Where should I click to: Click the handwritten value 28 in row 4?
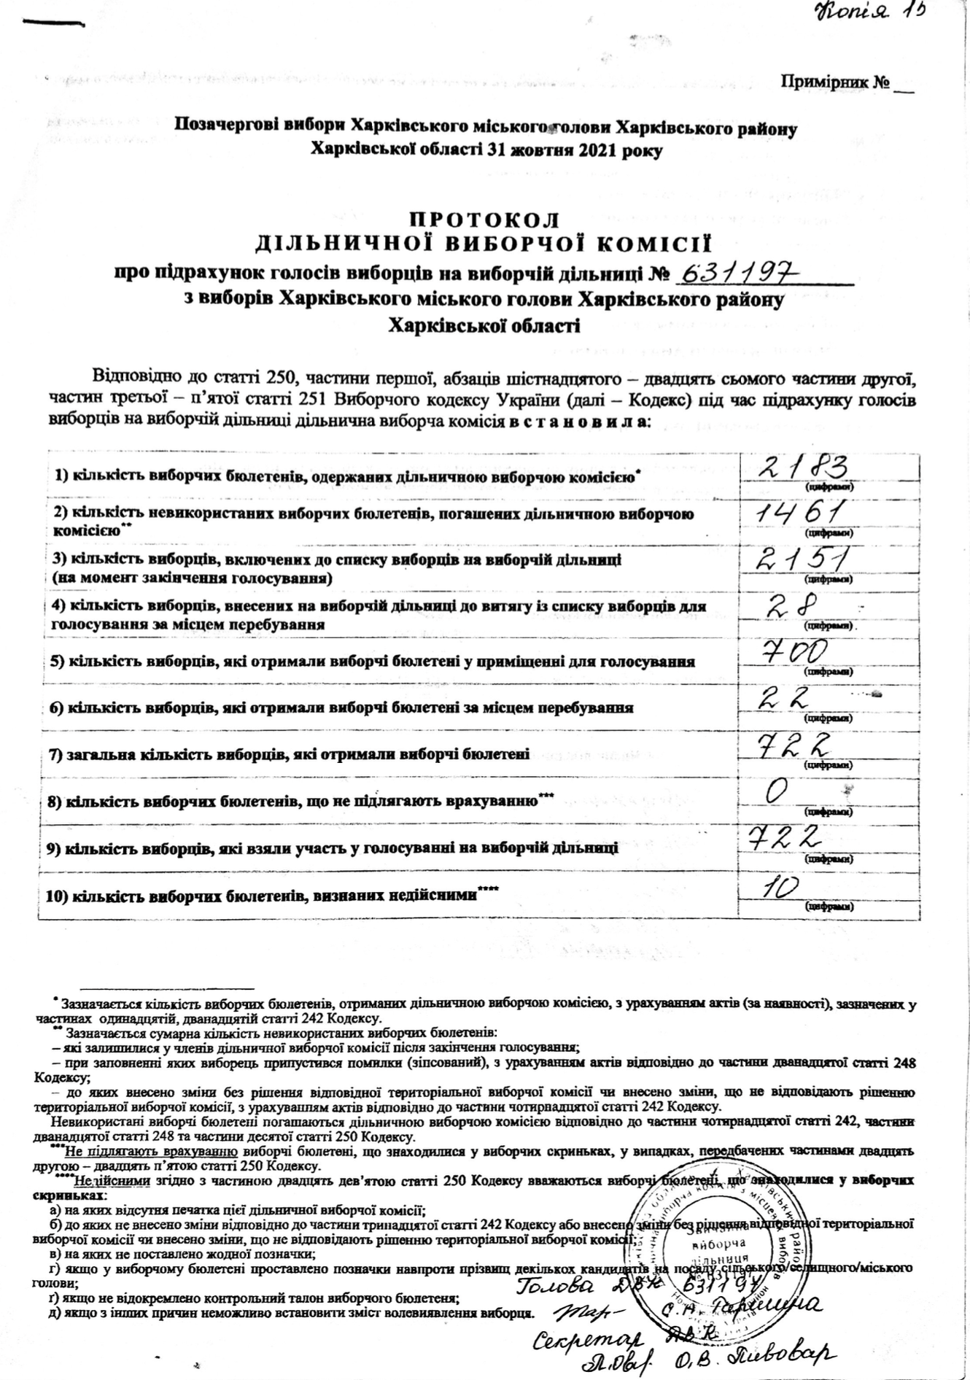pos(792,605)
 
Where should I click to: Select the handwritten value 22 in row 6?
pos(785,698)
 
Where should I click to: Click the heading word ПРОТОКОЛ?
pos(484,220)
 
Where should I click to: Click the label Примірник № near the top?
pos(836,82)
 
